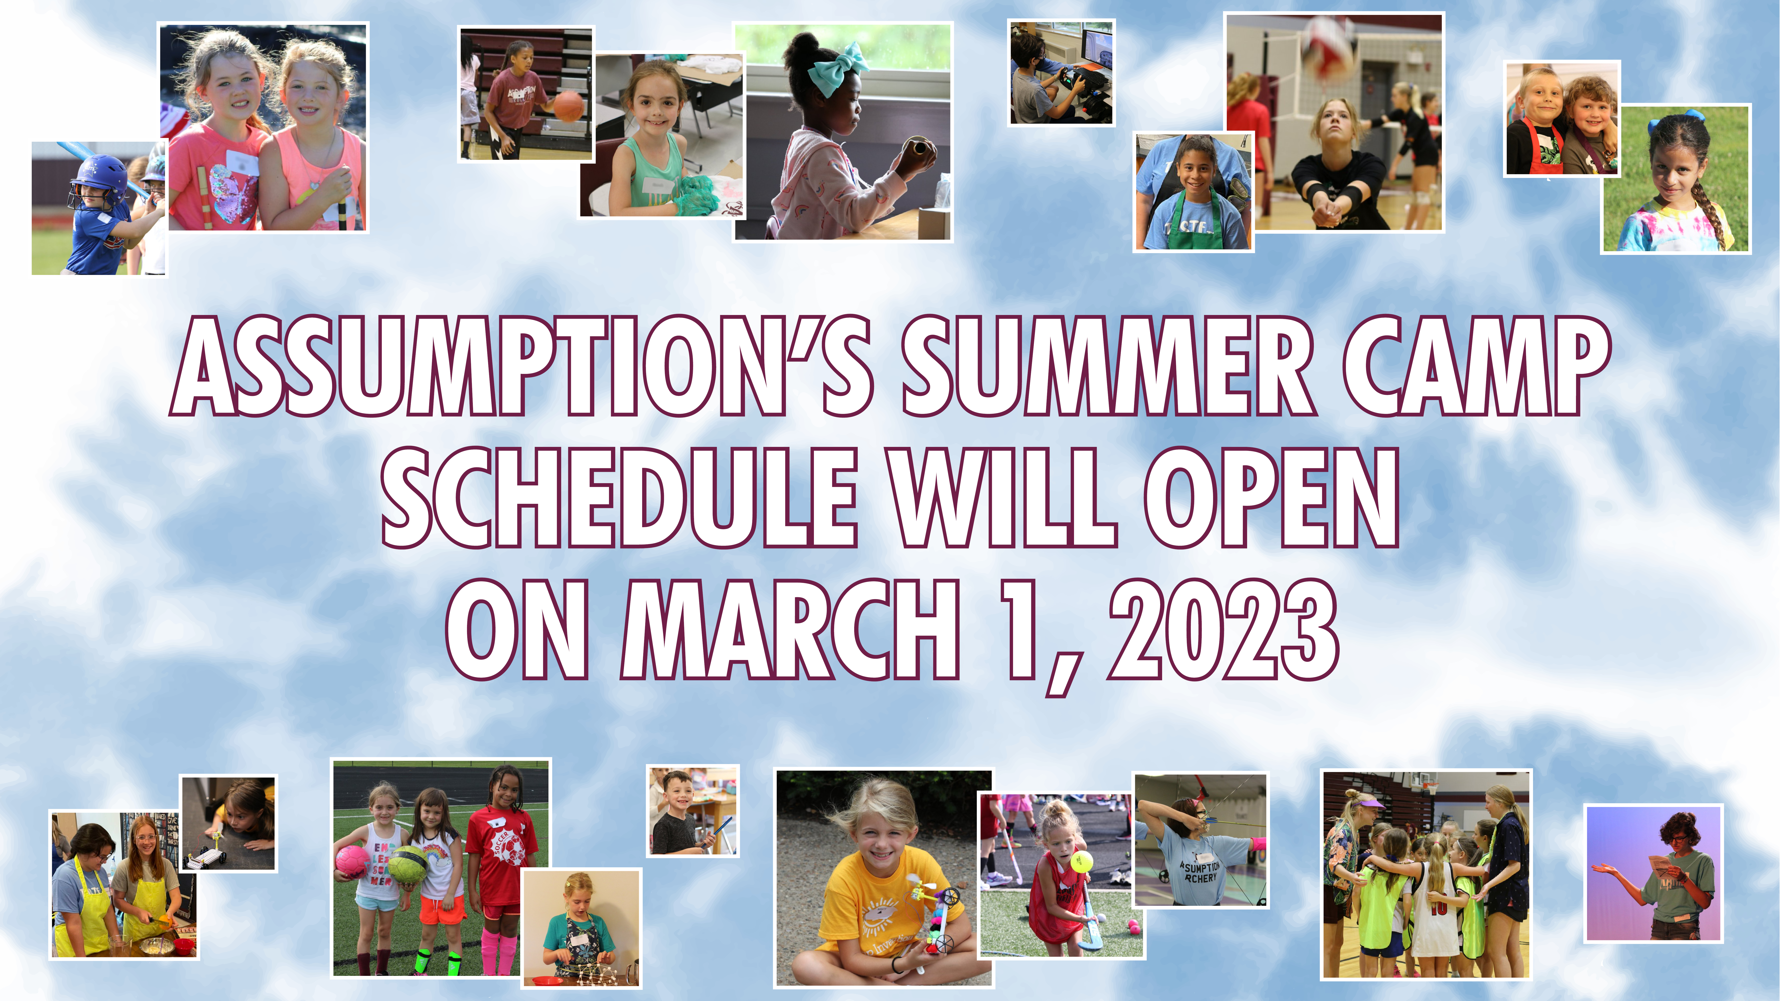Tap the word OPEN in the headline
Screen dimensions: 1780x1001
(1271, 497)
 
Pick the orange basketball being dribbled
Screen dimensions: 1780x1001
(569, 106)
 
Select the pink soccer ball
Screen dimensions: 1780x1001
(353, 862)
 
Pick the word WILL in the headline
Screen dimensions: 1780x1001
(1002, 497)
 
